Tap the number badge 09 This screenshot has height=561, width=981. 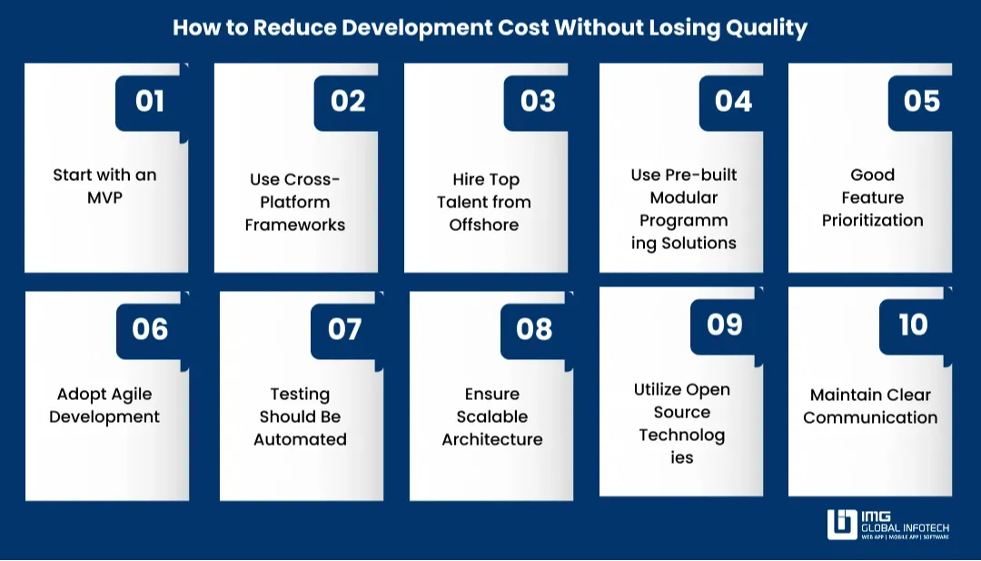[725, 324]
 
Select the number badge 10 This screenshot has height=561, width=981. [914, 324]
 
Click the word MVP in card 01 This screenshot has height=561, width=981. [104, 197]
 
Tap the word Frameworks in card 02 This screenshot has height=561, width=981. [295, 225]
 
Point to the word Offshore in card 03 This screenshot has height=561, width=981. [484, 225]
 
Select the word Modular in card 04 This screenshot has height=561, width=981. [684, 197]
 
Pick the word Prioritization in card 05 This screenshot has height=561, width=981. [873, 220]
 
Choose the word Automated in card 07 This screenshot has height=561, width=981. [300, 439]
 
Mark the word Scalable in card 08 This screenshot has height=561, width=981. [492, 416]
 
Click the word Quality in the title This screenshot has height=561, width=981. [767, 27]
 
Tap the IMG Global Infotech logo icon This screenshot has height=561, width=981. [841, 525]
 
